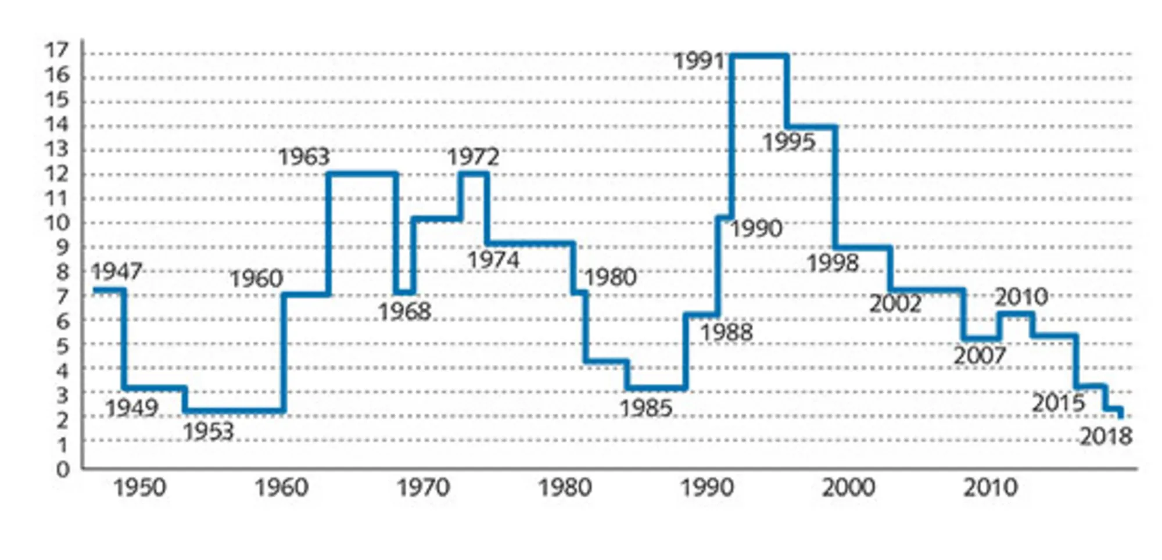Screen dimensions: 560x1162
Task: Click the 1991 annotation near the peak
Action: pos(699,61)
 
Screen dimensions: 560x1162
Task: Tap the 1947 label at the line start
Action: pos(117,271)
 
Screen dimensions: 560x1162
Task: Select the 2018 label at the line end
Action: pos(1106,436)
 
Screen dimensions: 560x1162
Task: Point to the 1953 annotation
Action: pos(209,432)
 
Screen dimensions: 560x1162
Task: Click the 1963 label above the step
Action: pos(304,157)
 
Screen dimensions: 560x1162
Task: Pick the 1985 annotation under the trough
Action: pos(646,408)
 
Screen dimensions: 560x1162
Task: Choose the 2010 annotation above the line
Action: pos(1021,297)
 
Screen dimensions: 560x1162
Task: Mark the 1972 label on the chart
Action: pos(473,157)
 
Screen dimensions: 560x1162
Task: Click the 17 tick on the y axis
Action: pos(57,51)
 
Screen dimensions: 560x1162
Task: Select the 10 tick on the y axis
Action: pos(57,222)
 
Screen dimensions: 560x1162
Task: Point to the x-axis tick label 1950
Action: pos(139,487)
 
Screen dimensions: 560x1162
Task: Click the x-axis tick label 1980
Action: pos(565,487)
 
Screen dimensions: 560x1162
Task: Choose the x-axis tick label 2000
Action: pos(848,487)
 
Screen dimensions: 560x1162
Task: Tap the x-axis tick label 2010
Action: pos(990,487)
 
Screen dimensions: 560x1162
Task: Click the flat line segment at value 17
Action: pos(759,56)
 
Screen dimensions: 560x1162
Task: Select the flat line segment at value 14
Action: pos(812,127)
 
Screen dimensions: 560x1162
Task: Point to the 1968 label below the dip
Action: pos(405,312)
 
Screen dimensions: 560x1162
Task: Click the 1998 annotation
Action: pos(833,263)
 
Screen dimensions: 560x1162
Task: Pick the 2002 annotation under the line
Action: pos(895,304)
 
